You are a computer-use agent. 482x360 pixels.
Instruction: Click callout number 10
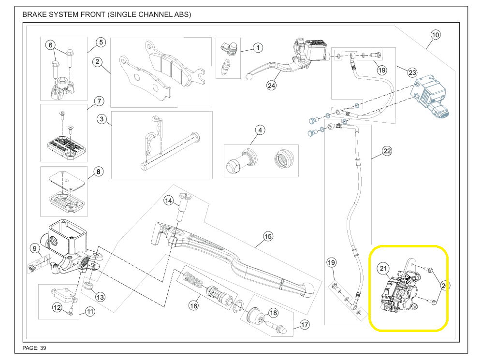(x=435, y=35)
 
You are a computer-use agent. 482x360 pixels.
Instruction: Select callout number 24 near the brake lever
(x=271, y=86)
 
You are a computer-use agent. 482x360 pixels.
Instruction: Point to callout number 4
(x=260, y=130)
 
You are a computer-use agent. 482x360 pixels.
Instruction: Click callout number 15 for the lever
(x=268, y=236)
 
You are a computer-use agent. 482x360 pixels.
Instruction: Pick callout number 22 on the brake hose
(x=387, y=151)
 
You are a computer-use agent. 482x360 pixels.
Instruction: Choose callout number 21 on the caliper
(x=383, y=269)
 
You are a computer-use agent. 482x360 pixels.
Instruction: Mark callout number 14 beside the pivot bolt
(x=168, y=201)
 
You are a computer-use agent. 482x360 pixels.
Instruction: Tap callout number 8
(x=98, y=172)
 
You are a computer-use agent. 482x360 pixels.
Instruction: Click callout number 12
(x=57, y=307)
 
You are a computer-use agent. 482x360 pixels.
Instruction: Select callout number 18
(x=273, y=313)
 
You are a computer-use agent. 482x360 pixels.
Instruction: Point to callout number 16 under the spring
(x=194, y=305)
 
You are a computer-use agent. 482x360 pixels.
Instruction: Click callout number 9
(x=35, y=249)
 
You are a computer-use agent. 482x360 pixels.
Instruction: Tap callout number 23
(x=412, y=72)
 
